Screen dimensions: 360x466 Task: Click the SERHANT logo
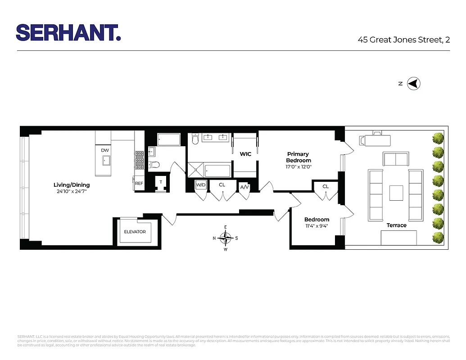pos(68,32)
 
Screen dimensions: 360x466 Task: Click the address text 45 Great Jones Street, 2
pos(403,40)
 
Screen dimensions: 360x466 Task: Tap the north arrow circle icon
pos(413,84)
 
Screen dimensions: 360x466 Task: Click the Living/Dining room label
pos(72,185)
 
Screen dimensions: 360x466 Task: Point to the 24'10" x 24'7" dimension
pos(72,192)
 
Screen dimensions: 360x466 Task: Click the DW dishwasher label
pos(104,150)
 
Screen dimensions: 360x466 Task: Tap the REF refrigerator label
pos(139,183)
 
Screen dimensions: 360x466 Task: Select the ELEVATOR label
pos(135,232)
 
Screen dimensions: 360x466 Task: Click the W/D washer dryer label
pos(200,185)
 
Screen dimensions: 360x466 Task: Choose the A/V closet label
pos(244,187)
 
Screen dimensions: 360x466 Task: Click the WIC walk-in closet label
pos(245,154)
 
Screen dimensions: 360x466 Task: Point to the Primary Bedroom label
pos(298,157)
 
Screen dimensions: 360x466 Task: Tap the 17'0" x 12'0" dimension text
pos(299,166)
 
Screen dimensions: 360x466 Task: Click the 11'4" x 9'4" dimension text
pos(317,226)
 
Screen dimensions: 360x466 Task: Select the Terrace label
pos(396,225)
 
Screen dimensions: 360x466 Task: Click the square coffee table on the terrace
pos(396,193)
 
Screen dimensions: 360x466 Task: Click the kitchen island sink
pos(106,160)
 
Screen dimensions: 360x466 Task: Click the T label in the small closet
pos(161,182)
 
